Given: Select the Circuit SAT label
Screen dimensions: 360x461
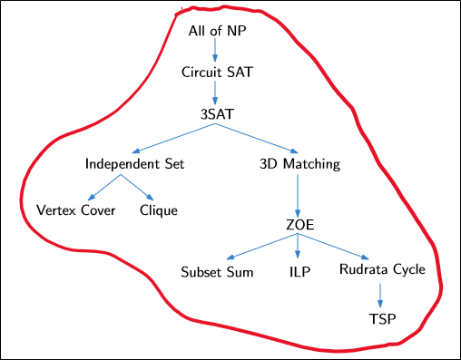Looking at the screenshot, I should (x=216, y=72).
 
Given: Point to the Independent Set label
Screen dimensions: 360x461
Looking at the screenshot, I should (x=134, y=165).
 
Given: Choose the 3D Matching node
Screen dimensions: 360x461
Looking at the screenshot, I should (x=299, y=165).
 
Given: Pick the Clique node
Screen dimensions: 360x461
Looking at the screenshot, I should (x=159, y=210).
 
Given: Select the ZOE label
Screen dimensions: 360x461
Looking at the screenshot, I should (x=299, y=224).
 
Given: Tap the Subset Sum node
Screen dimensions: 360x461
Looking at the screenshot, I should (x=216, y=270).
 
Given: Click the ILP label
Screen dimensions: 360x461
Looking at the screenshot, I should (x=299, y=270).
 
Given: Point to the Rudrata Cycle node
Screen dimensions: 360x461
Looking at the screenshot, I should (x=382, y=270).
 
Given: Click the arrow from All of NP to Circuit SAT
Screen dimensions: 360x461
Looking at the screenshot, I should (x=216, y=51).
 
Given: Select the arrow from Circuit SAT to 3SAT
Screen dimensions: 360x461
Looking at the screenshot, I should (x=216, y=93).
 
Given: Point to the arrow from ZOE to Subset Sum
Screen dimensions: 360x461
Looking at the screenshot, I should (x=262, y=247).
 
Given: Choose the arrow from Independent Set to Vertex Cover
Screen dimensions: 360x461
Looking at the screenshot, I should (x=103, y=189).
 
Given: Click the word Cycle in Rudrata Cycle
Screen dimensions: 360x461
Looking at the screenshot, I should (x=407, y=270).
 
